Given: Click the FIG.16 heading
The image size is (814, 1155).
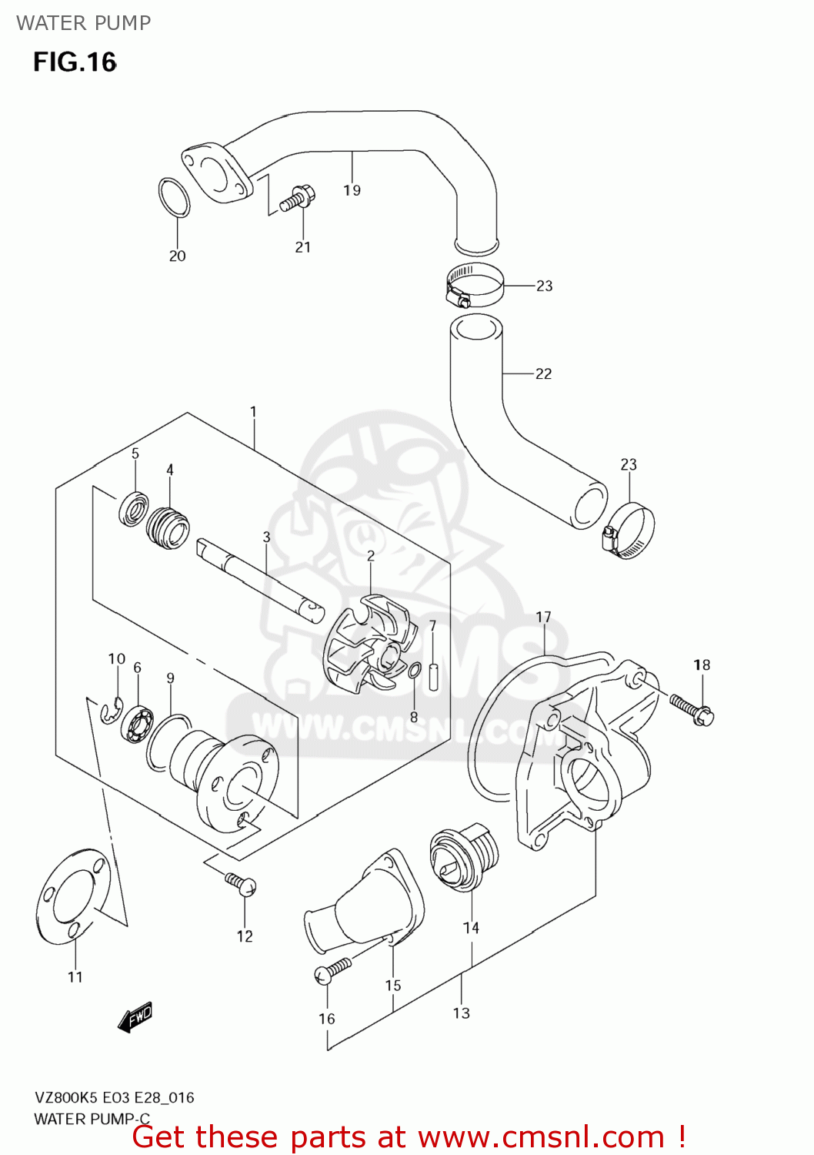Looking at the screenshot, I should point(75,62).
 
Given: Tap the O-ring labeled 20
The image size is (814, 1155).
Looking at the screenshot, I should point(175,197).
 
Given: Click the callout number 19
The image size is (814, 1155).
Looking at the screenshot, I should point(352,190).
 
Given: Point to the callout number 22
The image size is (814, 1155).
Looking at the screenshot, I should point(543,373).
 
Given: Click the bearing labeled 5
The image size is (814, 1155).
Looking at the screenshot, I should point(134,508).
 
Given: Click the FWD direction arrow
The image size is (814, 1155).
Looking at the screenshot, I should point(136,1017).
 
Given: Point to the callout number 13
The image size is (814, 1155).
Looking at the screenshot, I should point(461,1013).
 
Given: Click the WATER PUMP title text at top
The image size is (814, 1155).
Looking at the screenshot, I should point(83,23).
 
